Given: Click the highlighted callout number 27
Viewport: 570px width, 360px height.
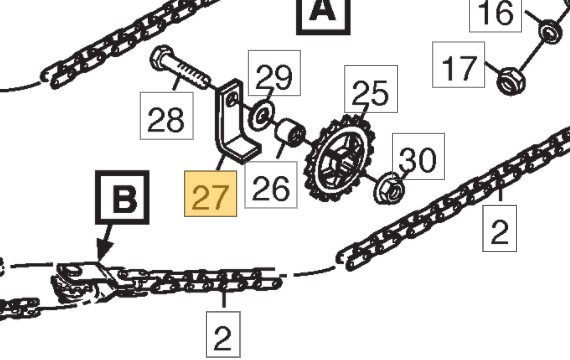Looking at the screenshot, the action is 210,194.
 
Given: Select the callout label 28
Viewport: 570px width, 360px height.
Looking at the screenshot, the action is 166,116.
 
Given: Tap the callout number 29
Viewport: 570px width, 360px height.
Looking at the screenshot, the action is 274,73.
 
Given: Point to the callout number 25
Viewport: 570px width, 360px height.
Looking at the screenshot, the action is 371,89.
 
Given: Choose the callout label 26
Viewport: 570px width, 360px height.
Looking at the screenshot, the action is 271,185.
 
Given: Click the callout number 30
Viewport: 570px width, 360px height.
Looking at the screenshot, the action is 418,156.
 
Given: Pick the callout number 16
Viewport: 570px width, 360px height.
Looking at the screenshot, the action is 495,13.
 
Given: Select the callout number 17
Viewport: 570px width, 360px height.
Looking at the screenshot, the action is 458,65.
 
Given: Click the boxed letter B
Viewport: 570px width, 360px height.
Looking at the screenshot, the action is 123,197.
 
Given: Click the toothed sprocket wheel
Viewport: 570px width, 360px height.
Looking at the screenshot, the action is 341,158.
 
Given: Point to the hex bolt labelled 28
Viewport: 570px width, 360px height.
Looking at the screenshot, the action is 181,67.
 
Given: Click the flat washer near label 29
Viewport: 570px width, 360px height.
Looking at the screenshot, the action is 261,116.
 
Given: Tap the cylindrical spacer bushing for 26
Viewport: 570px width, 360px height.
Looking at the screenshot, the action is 291,135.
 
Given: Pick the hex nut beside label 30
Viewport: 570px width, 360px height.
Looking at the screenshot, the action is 389,188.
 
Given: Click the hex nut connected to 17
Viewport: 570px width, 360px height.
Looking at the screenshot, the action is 511,81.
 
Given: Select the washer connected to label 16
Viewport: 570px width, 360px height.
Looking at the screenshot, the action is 551,32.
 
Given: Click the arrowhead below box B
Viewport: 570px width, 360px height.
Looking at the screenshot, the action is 104,251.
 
